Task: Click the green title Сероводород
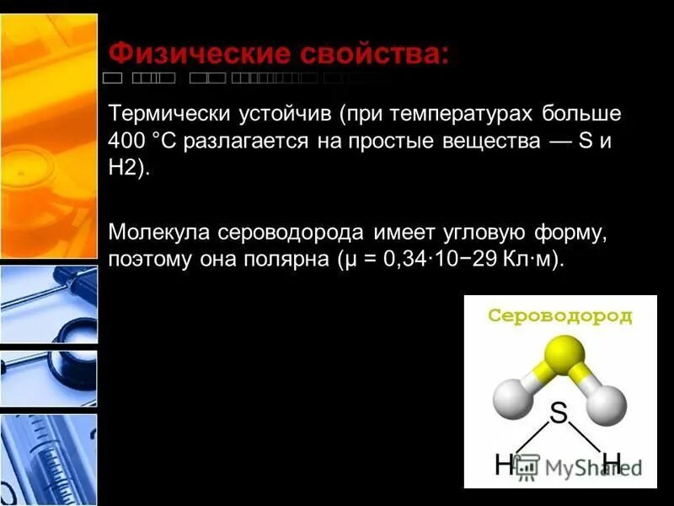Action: click(x=560, y=316)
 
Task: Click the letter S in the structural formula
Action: click(x=558, y=413)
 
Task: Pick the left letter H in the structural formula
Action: click(x=504, y=463)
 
